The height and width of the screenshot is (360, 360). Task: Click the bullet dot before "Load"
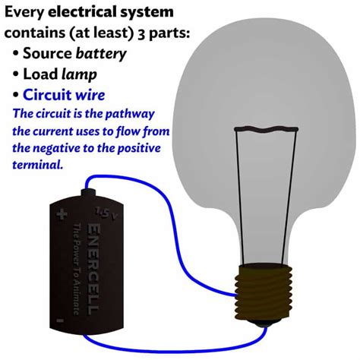click(x=16, y=74)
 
